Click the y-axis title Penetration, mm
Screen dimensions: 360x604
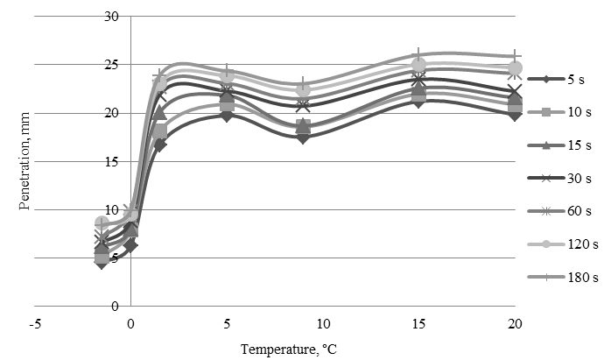pyautogui.click(x=25, y=163)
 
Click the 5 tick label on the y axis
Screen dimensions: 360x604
pyautogui.click(x=114, y=258)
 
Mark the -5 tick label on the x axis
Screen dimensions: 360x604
pyautogui.click(x=35, y=324)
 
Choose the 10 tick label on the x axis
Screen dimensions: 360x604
pyautogui.click(x=323, y=324)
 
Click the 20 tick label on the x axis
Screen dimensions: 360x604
pyautogui.click(x=516, y=324)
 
